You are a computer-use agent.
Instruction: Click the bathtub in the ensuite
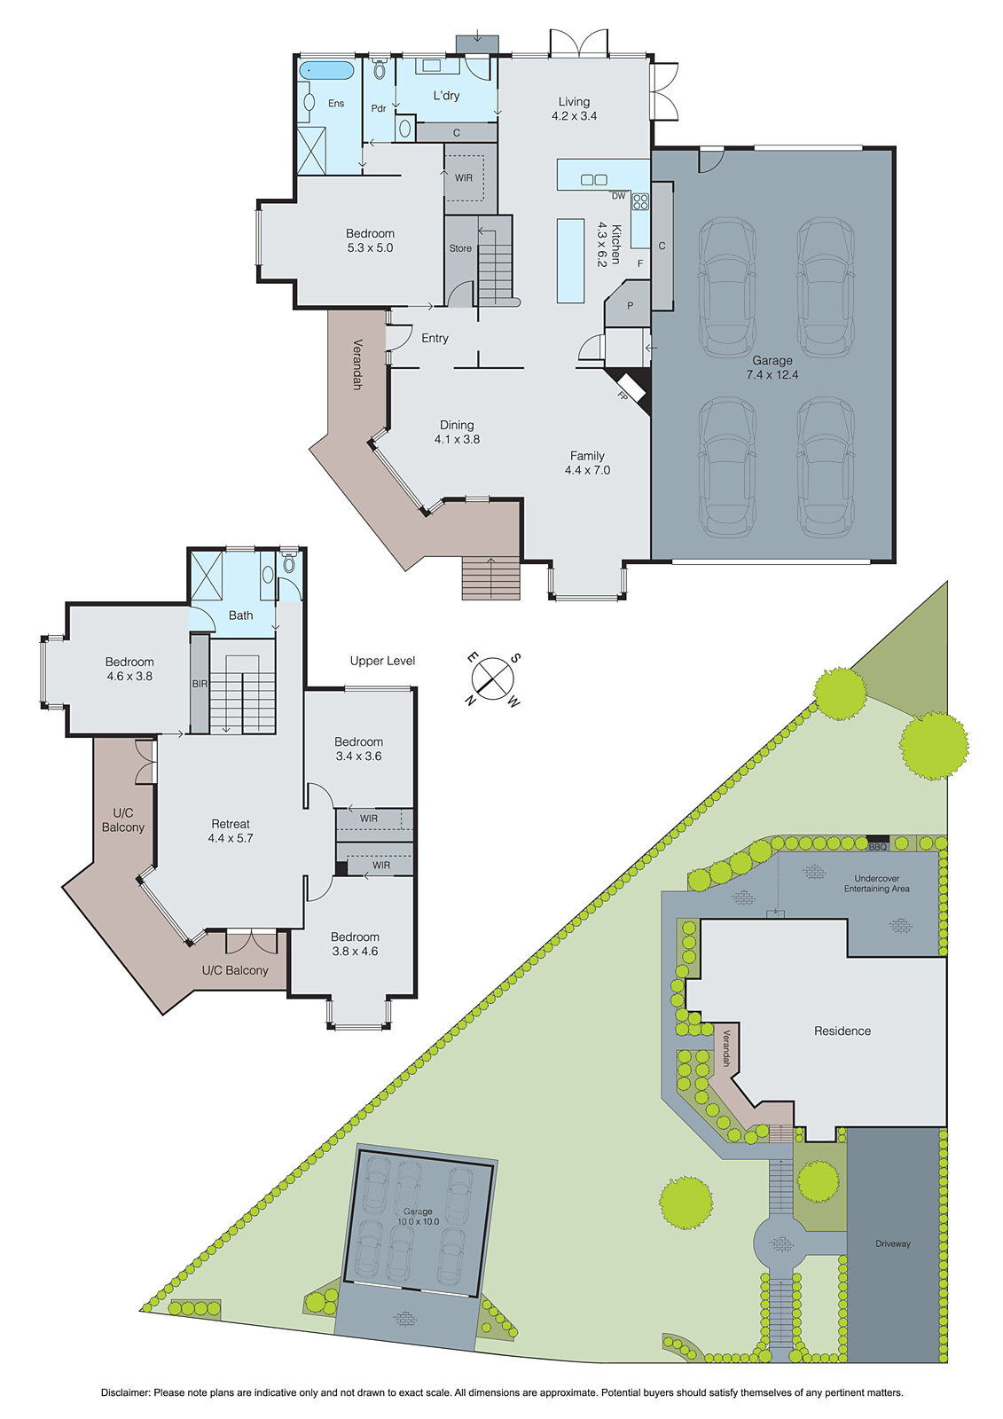pyautogui.click(x=325, y=70)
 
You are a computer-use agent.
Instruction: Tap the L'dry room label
pyautogui.click(x=446, y=96)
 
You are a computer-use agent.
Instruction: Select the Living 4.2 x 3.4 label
pyautogui.click(x=574, y=108)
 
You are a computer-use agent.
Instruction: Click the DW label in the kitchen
pyautogui.click(x=618, y=196)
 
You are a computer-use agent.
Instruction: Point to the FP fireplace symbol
pyautogui.click(x=626, y=392)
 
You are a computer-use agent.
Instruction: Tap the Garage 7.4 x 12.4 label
pyautogui.click(x=772, y=367)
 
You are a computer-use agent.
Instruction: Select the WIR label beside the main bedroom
pyautogui.click(x=464, y=178)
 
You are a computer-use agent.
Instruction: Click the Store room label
pyautogui.click(x=460, y=248)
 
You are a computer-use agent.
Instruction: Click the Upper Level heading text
pyautogui.click(x=382, y=661)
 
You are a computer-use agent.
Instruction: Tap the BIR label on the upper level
pyautogui.click(x=200, y=684)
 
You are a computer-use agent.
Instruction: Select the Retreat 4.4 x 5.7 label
pyautogui.click(x=231, y=831)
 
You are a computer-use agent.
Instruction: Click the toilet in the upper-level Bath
pyautogui.click(x=288, y=563)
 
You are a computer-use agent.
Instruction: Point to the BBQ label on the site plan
pyautogui.click(x=877, y=847)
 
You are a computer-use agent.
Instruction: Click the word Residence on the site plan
pyautogui.click(x=842, y=1031)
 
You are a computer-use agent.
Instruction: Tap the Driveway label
pyautogui.click(x=892, y=1243)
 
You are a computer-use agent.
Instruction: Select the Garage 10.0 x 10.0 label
pyautogui.click(x=418, y=1216)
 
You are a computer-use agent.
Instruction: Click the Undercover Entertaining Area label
pyautogui.click(x=876, y=883)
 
